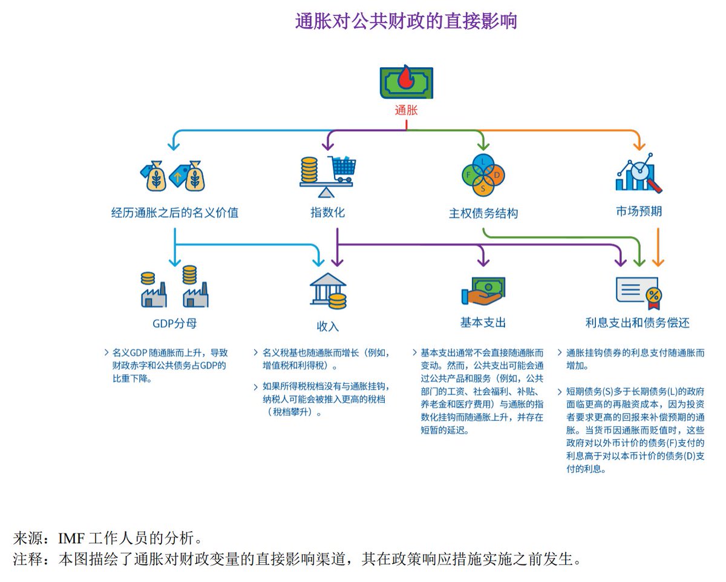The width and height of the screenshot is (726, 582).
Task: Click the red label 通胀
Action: [406, 110]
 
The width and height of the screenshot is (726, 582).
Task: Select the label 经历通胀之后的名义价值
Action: [175, 213]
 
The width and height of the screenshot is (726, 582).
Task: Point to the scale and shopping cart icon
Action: [327, 175]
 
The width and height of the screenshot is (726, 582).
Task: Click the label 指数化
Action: [327, 213]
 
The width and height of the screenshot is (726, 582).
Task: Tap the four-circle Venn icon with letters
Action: [482, 175]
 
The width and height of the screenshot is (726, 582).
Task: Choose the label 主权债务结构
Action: [483, 214]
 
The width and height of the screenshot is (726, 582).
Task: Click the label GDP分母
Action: [175, 323]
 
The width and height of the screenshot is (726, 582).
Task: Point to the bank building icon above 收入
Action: [328, 291]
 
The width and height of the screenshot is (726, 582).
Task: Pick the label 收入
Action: [328, 326]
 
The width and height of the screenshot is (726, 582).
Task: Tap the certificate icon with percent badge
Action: [638, 291]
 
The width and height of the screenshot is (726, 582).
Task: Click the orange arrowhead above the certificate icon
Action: [659, 263]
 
